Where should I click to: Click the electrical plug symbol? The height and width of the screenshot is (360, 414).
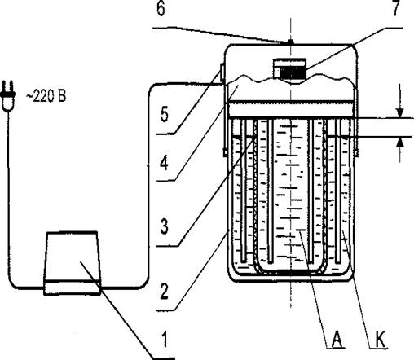[x=8, y=96]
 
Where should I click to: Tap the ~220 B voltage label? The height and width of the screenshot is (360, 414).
[x=46, y=96]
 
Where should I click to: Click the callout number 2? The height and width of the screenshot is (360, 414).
[x=164, y=292]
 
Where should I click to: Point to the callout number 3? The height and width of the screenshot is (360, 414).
[x=165, y=226]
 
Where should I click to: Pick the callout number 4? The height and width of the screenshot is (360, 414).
[x=164, y=164]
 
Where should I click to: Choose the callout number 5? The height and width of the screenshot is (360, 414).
[x=164, y=114]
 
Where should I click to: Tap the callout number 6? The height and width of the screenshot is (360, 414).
[x=161, y=9]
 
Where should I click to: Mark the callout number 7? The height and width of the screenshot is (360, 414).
[x=395, y=7]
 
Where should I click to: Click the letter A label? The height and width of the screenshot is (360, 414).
[x=337, y=339]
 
